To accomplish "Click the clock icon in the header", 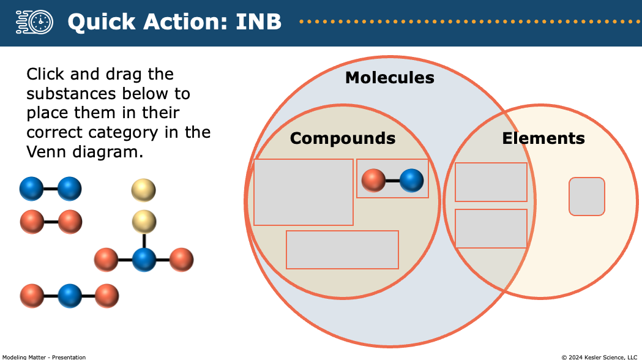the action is click(x=35, y=21).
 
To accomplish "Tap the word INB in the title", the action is click(x=258, y=21).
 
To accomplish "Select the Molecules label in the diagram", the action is click(x=390, y=77).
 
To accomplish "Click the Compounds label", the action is click(x=343, y=138).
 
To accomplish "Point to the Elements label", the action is click(x=543, y=138).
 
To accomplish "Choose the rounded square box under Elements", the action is click(x=587, y=196).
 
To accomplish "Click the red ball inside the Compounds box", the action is click(x=373, y=180).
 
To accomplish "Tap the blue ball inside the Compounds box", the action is click(x=411, y=180).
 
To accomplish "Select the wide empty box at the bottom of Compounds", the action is click(x=342, y=250).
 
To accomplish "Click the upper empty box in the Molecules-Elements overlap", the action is click(x=491, y=182).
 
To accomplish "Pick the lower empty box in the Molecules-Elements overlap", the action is click(x=491, y=228).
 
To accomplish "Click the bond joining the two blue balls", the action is click(x=50, y=189).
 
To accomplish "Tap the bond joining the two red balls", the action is click(x=51, y=222).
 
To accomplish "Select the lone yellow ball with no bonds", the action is click(x=143, y=190).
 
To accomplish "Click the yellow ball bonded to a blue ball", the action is click(x=144, y=222).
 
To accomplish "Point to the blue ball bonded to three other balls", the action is click(x=144, y=260).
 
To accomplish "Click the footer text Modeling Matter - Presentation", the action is click(x=44, y=357).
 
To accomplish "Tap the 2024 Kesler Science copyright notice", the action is click(x=599, y=357).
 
